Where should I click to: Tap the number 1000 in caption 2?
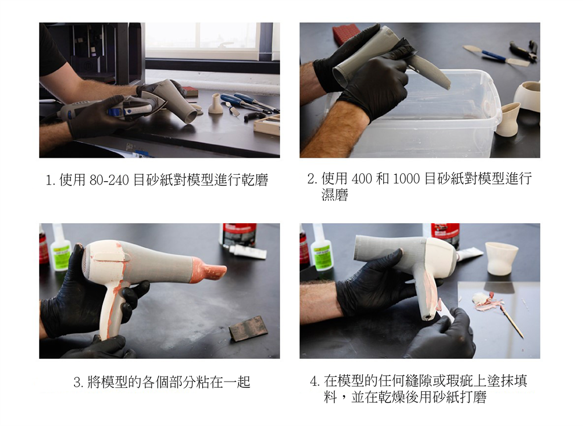(x=406, y=179)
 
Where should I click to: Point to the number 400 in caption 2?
(x=362, y=179)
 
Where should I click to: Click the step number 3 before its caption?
(x=77, y=382)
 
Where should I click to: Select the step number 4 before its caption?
(x=314, y=381)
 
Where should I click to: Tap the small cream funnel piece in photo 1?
(x=216, y=104)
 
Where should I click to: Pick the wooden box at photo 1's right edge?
(x=268, y=125)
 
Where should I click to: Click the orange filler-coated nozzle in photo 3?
(x=207, y=271)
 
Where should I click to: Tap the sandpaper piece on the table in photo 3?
(x=248, y=329)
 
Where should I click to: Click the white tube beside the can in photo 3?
(x=248, y=251)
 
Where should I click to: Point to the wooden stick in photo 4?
(x=511, y=321)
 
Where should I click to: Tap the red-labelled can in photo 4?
(x=445, y=232)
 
